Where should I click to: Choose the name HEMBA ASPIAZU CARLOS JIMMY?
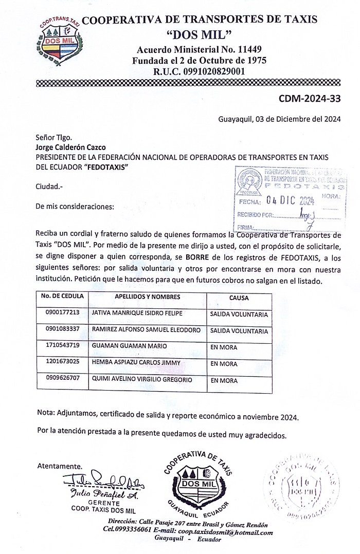pos(136,363)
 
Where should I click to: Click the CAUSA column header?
pos(239,298)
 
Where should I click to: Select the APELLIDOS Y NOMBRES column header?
pos(148,297)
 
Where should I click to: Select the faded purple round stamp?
pos(301,486)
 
